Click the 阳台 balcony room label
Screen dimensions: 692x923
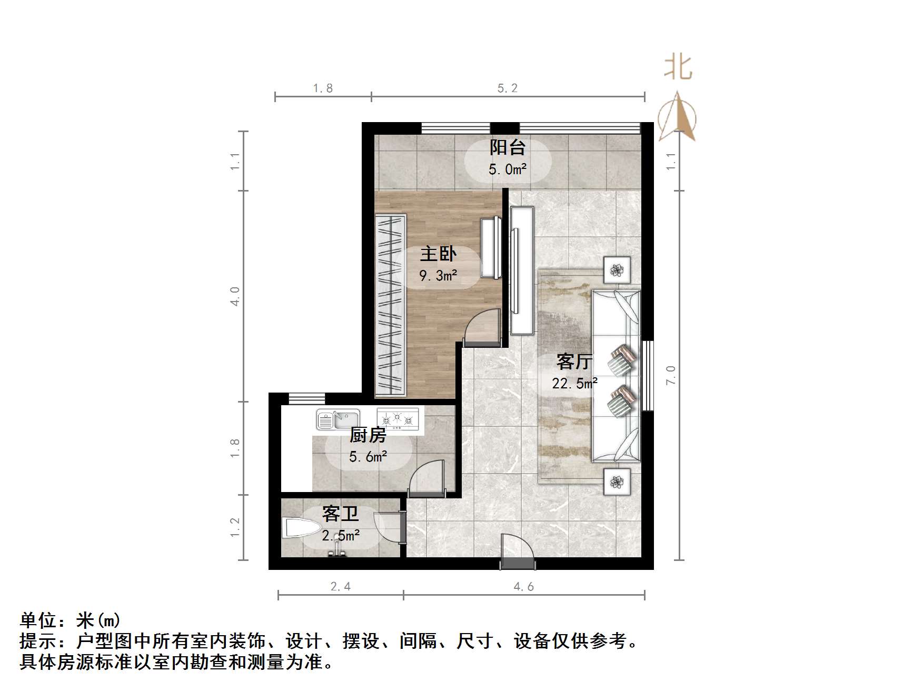click(507, 148)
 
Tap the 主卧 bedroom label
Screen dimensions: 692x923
click(438, 255)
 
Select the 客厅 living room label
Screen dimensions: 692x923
click(574, 362)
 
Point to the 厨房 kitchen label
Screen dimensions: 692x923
click(368, 435)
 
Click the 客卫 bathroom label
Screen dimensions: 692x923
click(340, 513)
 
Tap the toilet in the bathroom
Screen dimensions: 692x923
click(301, 528)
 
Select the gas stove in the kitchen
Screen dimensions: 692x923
click(398, 419)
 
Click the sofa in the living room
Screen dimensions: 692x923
click(616, 376)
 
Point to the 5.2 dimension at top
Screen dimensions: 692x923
click(508, 88)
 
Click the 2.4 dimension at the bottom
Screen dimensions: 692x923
click(341, 586)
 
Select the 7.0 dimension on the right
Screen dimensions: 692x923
click(670, 375)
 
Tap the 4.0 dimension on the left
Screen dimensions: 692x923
click(235, 296)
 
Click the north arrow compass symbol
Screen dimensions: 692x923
click(678, 117)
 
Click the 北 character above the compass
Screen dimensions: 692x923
click(678, 68)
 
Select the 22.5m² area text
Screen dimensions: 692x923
click(574, 384)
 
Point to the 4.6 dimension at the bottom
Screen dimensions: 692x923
click(524, 586)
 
